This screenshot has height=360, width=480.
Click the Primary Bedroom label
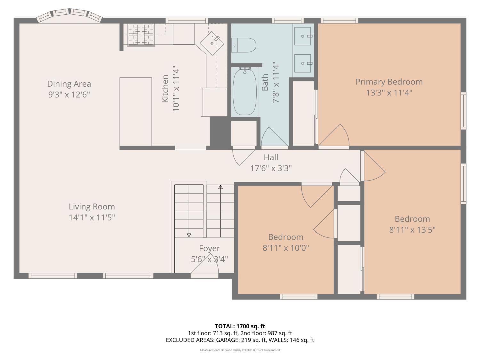tap(389, 82)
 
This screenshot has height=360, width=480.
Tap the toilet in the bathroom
tap(244, 45)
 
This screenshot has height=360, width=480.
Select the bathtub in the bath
tap(245, 92)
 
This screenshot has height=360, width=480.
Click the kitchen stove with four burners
tap(141, 35)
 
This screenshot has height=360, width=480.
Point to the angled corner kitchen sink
tap(212, 43)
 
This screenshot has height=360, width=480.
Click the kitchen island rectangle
tap(136, 111)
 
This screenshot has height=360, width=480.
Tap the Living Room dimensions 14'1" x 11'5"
tap(92, 218)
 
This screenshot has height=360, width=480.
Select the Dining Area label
tap(69, 84)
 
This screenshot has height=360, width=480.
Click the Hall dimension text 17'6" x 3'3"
tap(271, 168)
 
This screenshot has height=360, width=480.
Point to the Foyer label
tap(210, 248)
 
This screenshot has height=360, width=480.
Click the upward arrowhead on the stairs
tap(220, 187)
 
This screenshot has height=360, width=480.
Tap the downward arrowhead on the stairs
tap(189, 235)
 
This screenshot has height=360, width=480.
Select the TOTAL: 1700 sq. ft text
tap(240, 326)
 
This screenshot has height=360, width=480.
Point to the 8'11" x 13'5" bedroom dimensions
tap(412, 230)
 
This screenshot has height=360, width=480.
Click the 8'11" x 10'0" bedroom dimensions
tap(286, 248)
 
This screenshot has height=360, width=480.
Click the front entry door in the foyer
tap(204, 266)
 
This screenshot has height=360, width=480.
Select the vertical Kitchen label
tap(165, 89)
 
